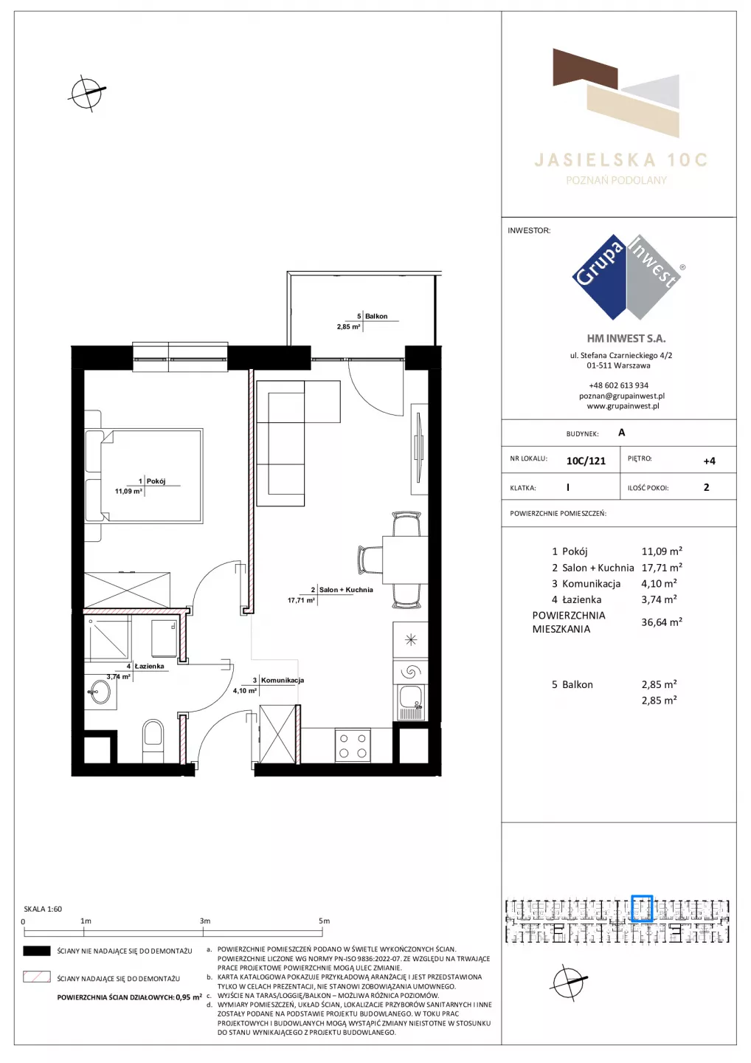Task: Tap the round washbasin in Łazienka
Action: click(x=100, y=692)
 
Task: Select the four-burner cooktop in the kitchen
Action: click(x=353, y=746)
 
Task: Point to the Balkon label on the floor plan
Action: click(x=376, y=316)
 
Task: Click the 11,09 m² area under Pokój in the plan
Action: click(x=128, y=491)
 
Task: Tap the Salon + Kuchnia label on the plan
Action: click(x=346, y=589)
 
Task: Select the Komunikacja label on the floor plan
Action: click(x=283, y=680)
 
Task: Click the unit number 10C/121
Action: click(x=586, y=461)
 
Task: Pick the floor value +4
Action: click(x=709, y=461)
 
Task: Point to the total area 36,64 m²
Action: click(x=662, y=622)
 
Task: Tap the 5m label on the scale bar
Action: click(x=325, y=921)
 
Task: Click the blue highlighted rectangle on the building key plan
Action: click(x=642, y=908)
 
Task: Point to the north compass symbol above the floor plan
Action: click(x=87, y=93)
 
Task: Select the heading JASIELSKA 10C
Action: click(x=621, y=160)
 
